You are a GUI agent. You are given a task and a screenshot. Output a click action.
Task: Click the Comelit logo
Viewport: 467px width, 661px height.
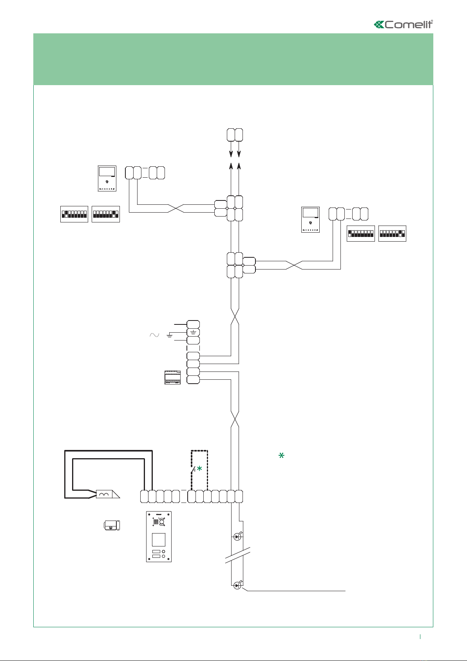404,24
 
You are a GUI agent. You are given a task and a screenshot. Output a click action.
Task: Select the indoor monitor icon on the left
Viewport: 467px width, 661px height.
107,179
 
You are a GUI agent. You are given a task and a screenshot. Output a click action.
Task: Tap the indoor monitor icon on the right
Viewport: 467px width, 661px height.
310,220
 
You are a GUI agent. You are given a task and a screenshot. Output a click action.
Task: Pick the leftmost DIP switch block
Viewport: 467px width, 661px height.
74,214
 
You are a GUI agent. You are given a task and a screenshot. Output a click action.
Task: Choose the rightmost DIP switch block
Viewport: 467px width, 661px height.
392,233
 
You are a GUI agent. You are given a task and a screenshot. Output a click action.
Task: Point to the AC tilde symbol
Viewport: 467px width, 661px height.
154,335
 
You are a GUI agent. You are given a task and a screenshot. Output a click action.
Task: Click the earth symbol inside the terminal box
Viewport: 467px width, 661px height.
193,332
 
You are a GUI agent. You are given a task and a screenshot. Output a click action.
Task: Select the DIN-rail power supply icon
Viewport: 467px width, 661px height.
172,377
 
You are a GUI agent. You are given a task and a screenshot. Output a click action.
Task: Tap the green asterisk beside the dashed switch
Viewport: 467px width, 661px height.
199,468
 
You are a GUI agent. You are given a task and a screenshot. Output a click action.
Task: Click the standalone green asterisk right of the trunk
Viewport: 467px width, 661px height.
281,455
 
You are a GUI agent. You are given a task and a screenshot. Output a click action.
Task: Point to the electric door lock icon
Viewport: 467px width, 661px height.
112,525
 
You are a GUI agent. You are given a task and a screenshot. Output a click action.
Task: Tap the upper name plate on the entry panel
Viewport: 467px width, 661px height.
156,552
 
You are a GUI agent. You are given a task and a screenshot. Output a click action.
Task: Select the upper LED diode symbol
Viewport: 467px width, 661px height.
237,537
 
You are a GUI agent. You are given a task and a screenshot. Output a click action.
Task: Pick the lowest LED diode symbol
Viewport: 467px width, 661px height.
237,586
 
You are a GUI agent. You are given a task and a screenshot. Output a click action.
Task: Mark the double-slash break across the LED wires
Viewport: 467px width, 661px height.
237,555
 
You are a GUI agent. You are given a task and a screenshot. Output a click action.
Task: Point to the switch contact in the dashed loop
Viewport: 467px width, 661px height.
193,470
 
